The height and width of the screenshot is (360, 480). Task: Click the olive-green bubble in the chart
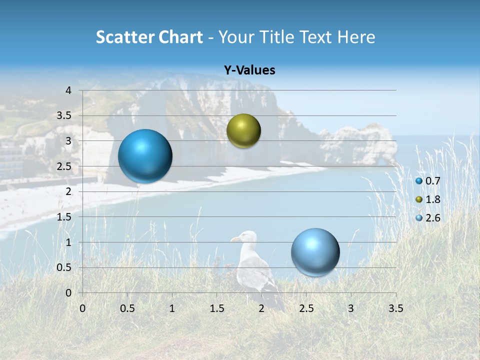[243, 131]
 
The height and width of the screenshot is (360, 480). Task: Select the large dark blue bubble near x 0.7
[145, 156]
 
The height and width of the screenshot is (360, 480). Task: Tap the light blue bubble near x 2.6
[315, 252]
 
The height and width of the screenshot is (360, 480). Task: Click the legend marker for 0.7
[419, 181]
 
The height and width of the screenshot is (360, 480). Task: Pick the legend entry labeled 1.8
[432, 199]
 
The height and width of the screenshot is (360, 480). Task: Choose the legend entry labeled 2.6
[432, 218]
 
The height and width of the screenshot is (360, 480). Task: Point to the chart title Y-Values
[249, 70]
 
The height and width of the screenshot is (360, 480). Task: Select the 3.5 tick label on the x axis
[395, 308]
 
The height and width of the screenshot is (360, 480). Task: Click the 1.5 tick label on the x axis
[216, 308]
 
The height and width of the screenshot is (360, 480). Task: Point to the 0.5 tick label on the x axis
[127, 308]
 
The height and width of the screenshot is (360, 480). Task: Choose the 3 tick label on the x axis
[351, 308]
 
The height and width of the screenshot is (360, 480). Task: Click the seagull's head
[247, 237]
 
